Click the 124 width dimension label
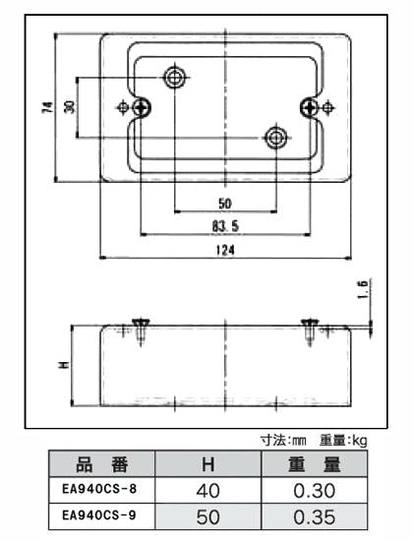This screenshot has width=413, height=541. [x=225, y=250]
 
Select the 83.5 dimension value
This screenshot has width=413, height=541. [x=225, y=226]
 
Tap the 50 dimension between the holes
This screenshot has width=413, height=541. [x=225, y=204]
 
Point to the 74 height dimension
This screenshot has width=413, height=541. [x=47, y=107]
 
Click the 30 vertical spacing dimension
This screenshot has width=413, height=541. [x=70, y=107]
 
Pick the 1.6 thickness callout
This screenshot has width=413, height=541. [x=363, y=289]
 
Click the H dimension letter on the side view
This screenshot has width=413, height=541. [x=64, y=365]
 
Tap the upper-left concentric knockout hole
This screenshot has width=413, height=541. [x=175, y=78]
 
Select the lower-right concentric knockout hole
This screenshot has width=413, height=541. [x=275, y=138]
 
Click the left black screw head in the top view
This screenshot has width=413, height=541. [x=142, y=107]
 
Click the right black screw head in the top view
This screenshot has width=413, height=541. [x=309, y=107]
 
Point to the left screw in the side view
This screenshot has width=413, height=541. [x=141, y=331]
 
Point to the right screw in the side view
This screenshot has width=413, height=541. [x=310, y=331]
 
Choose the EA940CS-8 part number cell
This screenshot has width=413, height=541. [x=99, y=489]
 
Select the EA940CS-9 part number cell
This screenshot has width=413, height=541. [x=99, y=515]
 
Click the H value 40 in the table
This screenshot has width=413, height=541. [x=207, y=490]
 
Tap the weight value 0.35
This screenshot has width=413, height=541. [x=315, y=516]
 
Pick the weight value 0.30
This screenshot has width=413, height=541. [x=315, y=490]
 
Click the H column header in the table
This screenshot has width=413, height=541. [x=208, y=464]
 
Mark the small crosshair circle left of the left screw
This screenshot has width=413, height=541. [x=123, y=107]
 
